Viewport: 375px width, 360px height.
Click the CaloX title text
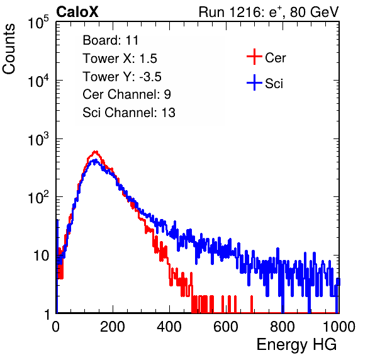click(x=77, y=12)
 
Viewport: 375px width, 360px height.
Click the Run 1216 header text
click(x=269, y=12)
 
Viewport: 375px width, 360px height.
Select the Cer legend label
click(x=275, y=58)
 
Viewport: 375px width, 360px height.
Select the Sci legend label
click(x=274, y=84)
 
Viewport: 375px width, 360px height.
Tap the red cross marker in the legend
click(x=254, y=57)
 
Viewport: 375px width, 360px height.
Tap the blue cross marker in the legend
click(x=254, y=82)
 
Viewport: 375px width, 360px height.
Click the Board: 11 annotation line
click(x=111, y=40)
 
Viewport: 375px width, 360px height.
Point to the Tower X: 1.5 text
click(x=120, y=59)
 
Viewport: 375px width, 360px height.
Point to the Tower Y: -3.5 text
click(x=122, y=77)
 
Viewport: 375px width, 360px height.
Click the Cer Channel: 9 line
click(x=126, y=94)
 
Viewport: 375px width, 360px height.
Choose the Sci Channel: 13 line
click(x=129, y=113)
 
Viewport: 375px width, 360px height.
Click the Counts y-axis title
click(x=9, y=49)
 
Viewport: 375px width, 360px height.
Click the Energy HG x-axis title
click(x=296, y=345)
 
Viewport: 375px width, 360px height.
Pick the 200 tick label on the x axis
click(x=113, y=327)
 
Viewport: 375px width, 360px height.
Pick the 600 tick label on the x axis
click(x=226, y=327)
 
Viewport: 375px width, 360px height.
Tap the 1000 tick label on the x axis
click(x=339, y=327)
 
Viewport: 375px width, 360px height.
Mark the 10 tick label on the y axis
click(x=42, y=256)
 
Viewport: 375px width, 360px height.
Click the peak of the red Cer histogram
click(x=96, y=152)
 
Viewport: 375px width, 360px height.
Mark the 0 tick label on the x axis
click(x=55, y=327)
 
